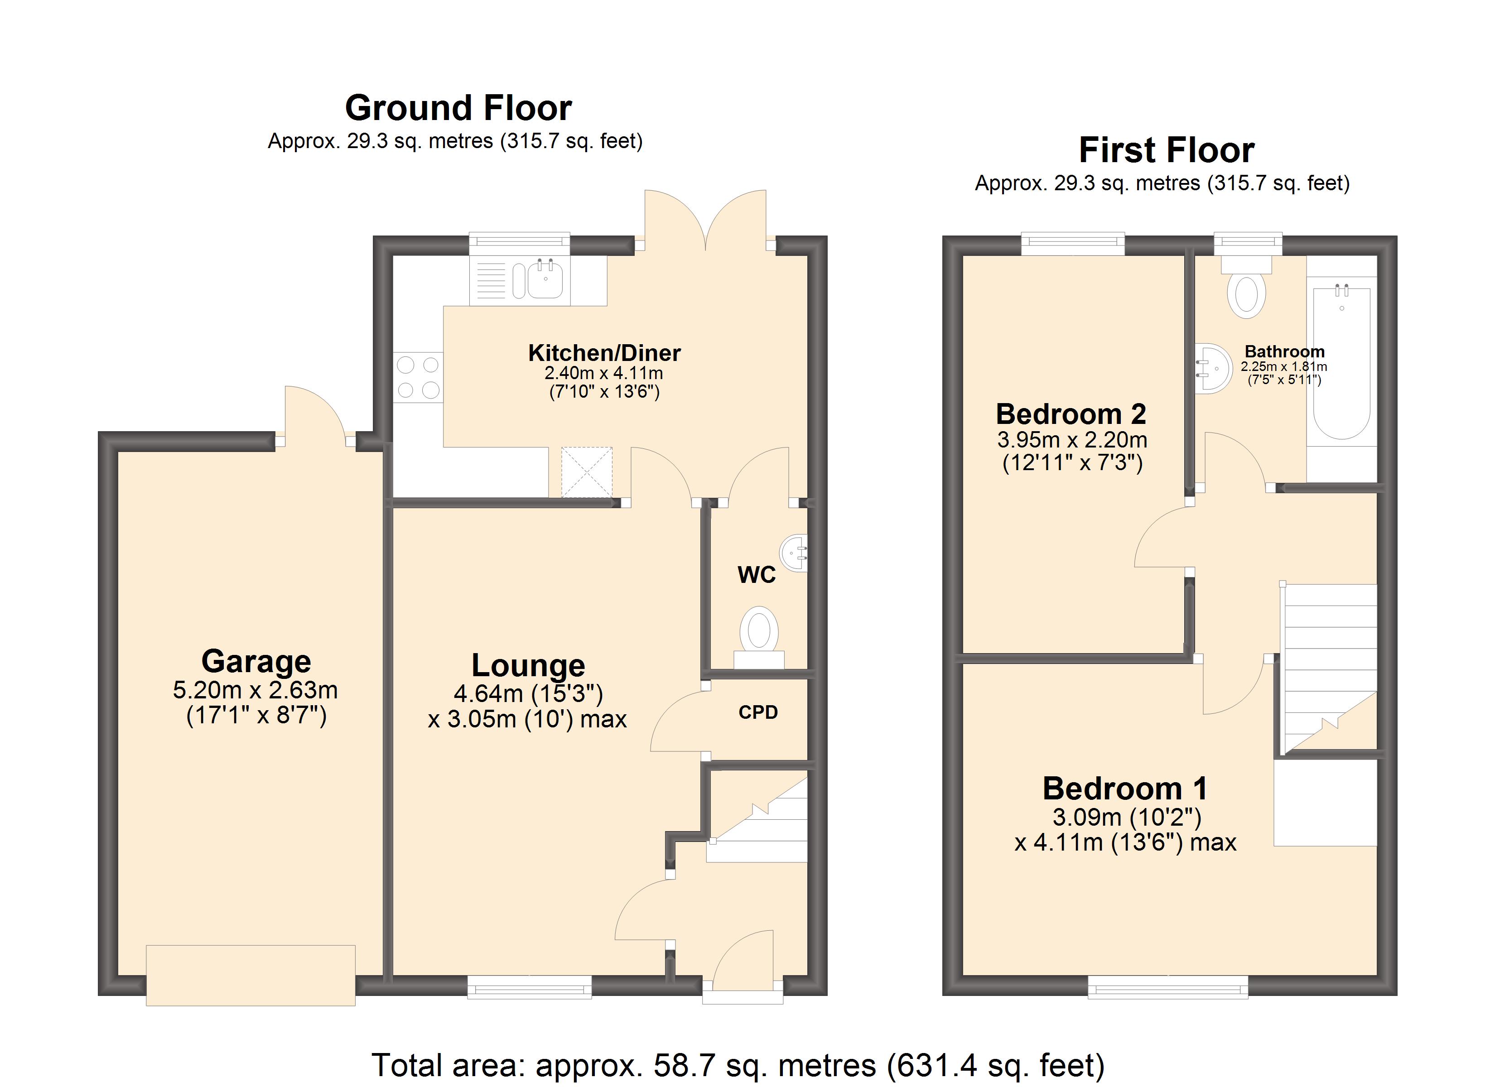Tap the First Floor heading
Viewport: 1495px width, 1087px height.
tap(1166, 150)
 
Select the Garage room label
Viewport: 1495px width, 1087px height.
tap(256, 661)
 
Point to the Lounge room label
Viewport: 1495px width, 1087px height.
tap(528, 666)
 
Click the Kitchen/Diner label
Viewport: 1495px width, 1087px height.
tap(604, 353)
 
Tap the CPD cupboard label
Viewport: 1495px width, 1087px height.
tap(758, 712)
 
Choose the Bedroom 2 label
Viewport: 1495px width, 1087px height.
tap(1071, 414)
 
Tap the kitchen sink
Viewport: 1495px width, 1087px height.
tap(538, 281)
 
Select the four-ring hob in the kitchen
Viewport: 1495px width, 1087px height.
tap(418, 377)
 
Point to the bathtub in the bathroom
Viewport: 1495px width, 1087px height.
tap(1341, 362)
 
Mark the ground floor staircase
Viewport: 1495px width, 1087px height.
tap(758, 819)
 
